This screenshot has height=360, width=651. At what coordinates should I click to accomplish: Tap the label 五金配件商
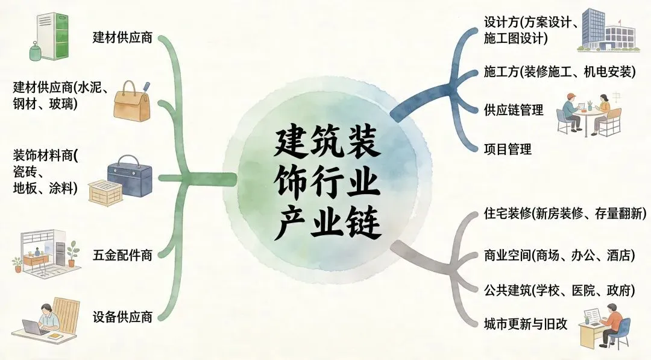coord(122,255)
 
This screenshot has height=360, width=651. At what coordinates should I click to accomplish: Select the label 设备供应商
coord(122,316)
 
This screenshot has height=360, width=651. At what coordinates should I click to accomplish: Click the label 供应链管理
coord(514,110)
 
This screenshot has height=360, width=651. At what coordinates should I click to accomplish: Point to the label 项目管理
coord(508,148)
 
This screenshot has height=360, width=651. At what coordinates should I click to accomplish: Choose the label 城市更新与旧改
coord(526,323)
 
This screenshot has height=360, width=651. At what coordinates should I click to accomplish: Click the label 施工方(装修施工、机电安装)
coord(560,72)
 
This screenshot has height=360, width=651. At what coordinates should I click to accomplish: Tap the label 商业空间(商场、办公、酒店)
coord(559,255)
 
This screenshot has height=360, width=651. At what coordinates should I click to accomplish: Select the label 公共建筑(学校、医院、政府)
coord(559,290)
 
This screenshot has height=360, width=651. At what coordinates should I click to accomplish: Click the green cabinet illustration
coord(49,36)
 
